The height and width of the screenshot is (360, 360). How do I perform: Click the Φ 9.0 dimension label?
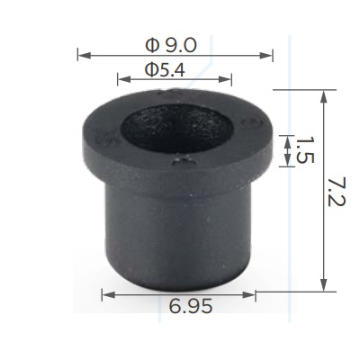(171, 46)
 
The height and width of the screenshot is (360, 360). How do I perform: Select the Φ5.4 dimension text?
(165, 69)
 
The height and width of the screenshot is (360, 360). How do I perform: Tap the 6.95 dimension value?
(191, 306)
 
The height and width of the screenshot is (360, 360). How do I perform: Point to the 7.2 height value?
(337, 192)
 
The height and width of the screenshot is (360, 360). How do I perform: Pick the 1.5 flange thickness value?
(305, 150)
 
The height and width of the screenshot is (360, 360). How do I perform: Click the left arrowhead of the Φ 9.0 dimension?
(85, 55)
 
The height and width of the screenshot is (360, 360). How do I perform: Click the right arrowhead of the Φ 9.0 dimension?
(266, 55)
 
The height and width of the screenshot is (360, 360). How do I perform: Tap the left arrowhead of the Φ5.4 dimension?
(124, 79)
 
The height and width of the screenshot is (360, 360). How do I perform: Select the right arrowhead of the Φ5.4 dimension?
(225, 79)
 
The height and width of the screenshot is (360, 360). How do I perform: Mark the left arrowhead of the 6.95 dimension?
(109, 295)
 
